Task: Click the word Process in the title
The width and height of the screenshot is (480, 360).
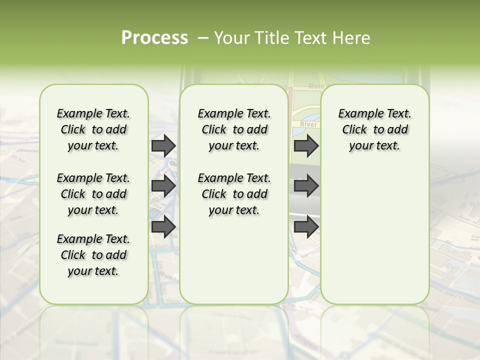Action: point(154,38)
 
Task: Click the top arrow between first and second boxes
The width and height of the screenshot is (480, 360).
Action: point(163,145)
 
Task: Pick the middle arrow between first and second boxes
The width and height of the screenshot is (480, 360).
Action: point(163,186)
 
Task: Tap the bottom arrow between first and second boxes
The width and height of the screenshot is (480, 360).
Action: point(163,226)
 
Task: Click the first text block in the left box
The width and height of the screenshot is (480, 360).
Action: point(93,129)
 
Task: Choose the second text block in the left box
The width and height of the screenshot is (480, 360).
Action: point(93,194)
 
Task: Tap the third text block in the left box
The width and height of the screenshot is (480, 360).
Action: point(93,255)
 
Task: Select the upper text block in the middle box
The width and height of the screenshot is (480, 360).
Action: point(234,129)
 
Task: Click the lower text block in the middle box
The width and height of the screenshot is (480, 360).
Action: point(234,194)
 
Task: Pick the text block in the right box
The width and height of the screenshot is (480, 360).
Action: point(375,129)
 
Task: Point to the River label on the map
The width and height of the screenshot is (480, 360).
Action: point(308,124)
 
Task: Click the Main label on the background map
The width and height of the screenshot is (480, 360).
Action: point(316,86)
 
